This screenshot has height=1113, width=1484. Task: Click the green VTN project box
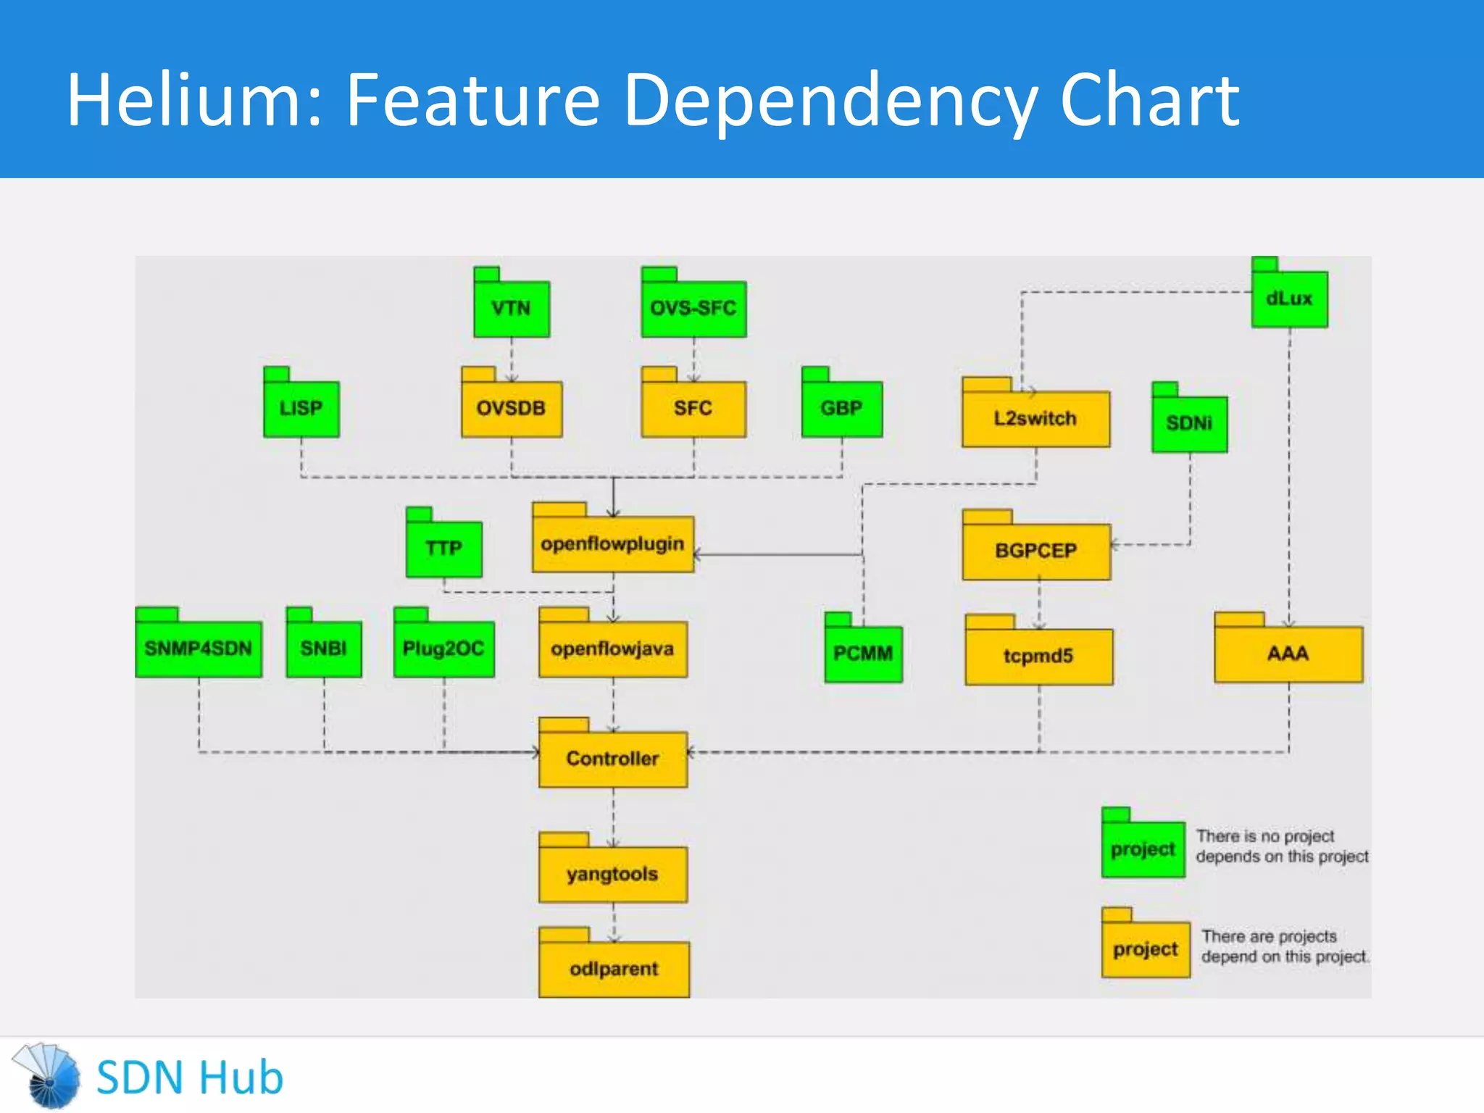point(512,308)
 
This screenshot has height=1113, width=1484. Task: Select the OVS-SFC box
point(693,308)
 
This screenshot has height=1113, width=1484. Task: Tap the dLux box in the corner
point(1289,298)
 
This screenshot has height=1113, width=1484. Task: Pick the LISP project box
point(301,408)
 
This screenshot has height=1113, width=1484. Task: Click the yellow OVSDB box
point(512,408)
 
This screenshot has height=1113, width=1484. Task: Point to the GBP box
point(841,408)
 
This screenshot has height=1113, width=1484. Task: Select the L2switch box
point(1035,418)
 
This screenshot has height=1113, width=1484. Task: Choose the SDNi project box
point(1189,423)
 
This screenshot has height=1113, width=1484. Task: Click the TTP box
point(443,548)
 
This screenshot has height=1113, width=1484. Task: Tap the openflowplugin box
point(612,543)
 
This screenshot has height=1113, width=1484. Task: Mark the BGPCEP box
point(1035,551)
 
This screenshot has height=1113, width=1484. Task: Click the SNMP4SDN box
point(199,648)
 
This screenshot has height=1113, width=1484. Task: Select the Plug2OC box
point(443,648)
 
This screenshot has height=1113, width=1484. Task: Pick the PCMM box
point(863,653)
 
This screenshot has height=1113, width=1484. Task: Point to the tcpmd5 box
point(1038,656)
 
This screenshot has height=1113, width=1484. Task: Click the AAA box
point(1288,653)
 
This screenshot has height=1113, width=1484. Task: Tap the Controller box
point(612,758)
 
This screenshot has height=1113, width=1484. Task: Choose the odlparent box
point(614,968)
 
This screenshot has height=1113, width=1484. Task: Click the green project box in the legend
point(1143,849)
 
